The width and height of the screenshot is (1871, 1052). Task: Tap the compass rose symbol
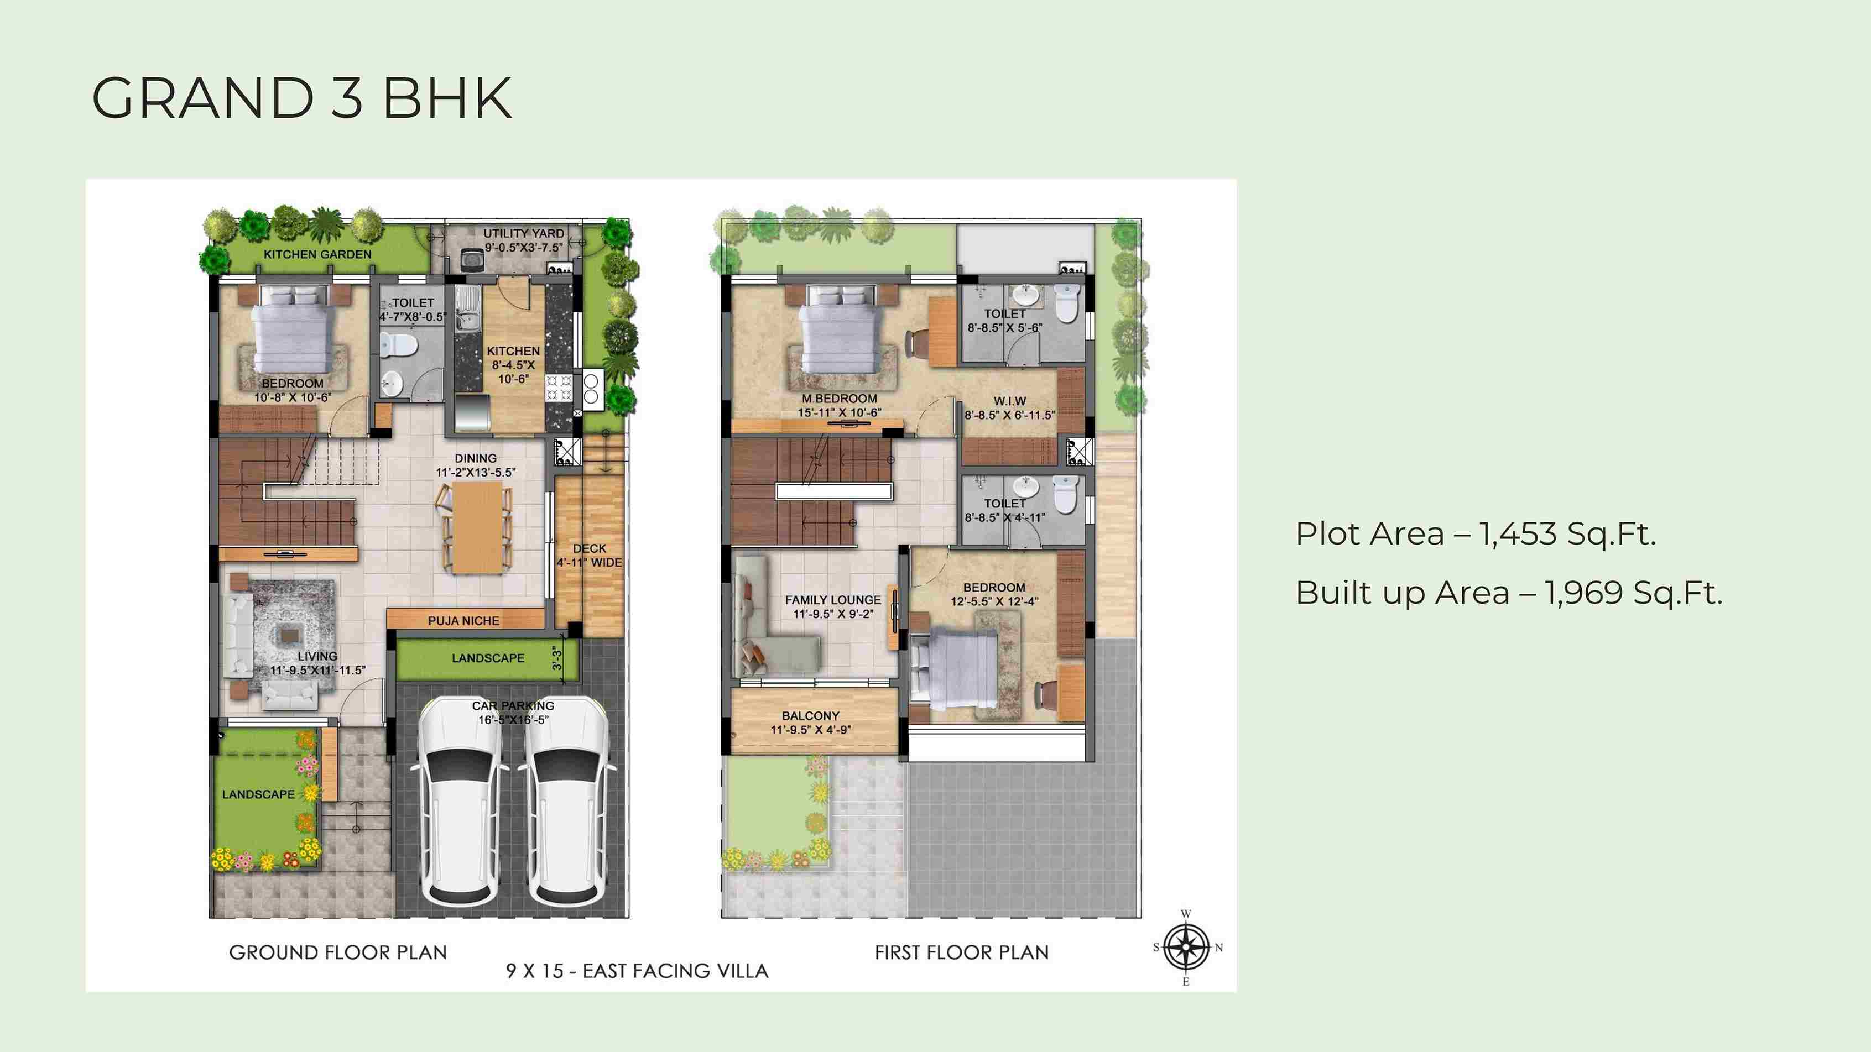click(1186, 948)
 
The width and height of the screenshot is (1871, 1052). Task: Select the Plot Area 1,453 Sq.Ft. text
click(1476, 535)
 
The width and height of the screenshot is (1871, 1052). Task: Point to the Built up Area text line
click(1509, 593)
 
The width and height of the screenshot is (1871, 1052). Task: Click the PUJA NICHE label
click(463, 621)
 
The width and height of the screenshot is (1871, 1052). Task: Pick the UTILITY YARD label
click(524, 234)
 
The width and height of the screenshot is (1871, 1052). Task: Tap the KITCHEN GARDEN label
click(317, 254)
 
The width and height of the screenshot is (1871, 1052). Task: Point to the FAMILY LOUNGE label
click(833, 600)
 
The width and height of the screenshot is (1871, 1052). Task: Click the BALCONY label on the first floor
click(811, 716)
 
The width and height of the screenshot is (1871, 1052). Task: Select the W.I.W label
click(1009, 401)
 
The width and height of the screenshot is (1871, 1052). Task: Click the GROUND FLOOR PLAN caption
click(338, 952)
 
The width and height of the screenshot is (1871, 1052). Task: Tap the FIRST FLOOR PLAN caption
click(962, 952)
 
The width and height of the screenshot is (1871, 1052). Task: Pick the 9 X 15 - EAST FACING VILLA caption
click(637, 971)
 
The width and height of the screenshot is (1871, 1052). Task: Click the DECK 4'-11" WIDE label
click(589, 556)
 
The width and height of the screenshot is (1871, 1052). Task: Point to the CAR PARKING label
click(513, 706)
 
